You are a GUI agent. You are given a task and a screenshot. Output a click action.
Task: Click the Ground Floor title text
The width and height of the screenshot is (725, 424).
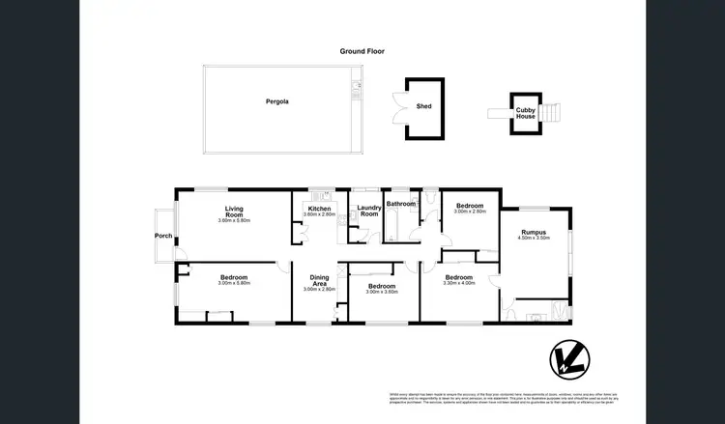coord(362,51)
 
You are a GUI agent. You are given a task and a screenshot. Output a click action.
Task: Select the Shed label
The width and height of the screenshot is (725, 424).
coord(422,107)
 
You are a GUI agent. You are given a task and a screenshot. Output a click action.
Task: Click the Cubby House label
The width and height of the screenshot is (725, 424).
coord(525,113)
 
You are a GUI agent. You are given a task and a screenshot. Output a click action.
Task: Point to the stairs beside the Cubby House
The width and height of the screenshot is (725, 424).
coord(549,113)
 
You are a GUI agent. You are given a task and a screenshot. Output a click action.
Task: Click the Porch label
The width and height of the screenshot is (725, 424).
coord(162,235)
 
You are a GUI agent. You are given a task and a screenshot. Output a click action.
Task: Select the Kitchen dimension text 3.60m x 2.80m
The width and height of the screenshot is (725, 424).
coord(320,214)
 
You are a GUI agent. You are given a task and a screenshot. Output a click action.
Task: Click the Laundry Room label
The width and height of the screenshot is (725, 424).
coord(369,211)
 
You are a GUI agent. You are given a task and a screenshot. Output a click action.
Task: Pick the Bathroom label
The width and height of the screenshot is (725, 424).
coord(400,204)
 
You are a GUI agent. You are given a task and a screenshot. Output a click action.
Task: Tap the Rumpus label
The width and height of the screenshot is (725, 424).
coord(534,232)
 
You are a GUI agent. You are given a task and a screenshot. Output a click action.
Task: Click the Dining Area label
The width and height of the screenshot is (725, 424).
coord(319,281)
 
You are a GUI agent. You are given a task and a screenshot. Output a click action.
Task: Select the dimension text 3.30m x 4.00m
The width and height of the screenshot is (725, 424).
coord(459,283)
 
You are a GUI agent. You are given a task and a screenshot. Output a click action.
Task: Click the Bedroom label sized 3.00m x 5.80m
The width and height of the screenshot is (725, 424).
coord(234,277)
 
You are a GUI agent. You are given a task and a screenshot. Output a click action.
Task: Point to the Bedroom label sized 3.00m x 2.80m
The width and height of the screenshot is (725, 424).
coord(470,206)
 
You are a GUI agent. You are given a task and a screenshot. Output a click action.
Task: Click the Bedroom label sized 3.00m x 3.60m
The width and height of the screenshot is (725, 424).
coord(382,286)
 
